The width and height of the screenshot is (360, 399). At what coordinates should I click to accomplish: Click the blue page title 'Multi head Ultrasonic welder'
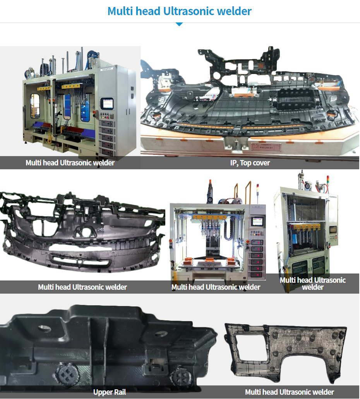(x=180, y=11)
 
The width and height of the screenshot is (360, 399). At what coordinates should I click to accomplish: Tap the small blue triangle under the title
(x=179, y=24)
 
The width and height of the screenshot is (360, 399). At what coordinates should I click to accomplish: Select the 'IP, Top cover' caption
(x=250, y=163)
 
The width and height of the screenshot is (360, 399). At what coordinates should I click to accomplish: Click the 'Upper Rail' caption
(x=110, y=392)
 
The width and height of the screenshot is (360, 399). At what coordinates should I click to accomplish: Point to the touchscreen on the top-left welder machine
(x=107, y=103)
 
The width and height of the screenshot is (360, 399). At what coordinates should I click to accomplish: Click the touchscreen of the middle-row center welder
(x=257, y=221)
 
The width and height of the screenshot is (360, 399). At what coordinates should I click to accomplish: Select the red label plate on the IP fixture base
(x=266, y=147)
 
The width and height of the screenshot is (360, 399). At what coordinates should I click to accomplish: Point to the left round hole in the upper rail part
(x=45, y=328)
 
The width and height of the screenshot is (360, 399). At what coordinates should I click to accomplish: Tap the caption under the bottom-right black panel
(x=289, y=392)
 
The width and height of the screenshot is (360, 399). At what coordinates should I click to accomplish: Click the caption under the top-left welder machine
(x=70, y=163)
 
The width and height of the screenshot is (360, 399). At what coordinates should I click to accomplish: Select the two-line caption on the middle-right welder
(x=312, y=284)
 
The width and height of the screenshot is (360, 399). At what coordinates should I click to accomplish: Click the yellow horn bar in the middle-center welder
(x=210, y=218)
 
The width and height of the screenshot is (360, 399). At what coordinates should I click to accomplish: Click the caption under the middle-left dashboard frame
(x=82, y=287)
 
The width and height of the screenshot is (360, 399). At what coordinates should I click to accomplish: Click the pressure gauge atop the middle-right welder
(x=308, y=186)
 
